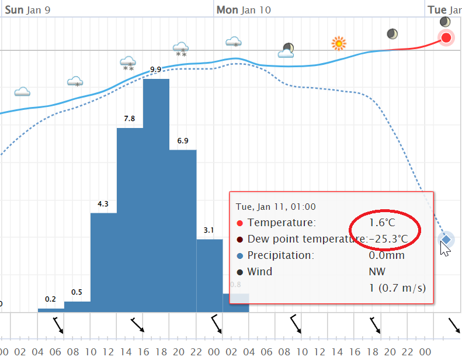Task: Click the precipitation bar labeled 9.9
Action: click(x=156, y=193)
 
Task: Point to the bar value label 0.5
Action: click(x=77, y=292)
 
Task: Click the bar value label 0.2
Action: click(x=50, y=299)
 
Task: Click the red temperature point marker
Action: click(x=446, y=38)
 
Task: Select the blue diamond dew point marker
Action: click(x=446, y=239)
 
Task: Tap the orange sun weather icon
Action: click(x=338, y=43)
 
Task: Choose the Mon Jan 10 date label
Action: click(x=244, y=10)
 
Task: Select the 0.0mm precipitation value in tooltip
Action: click(x=387, y=255)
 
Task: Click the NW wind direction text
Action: click(x=377, y=272)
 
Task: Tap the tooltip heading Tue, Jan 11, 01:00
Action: click(x=276, y=206)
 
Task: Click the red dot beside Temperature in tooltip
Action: click(x=239, y=223)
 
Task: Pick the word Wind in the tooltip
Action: click(x=260, y=272)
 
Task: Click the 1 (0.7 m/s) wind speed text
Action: click(x=397, y=288)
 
